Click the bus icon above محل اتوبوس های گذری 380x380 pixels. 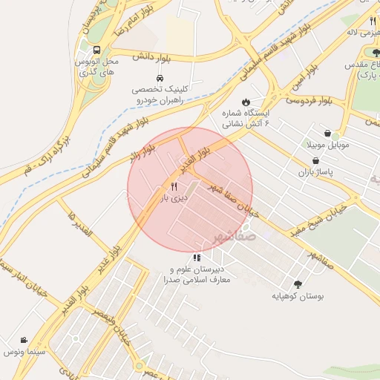pyautogui.click(x=96, y=50)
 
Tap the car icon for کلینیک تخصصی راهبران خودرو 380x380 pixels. pyautogui.click(x=160, y=78)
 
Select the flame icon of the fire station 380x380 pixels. pyautogui.click(x=246, y=102)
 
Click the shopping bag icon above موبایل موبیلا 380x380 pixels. pyautogui.click(x=327, y=134)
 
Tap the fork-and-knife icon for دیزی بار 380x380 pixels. pyautogui.click(x=174, y=186)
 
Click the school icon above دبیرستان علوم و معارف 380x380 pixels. pyautogui.click(x=196, y=257)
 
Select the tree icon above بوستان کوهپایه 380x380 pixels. pyautogui.click(x=298, y=284)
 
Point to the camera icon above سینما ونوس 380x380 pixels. pyautogui.click(x=24, y=339)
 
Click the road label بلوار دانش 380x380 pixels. pyautogui.click(x=153, y=56)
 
